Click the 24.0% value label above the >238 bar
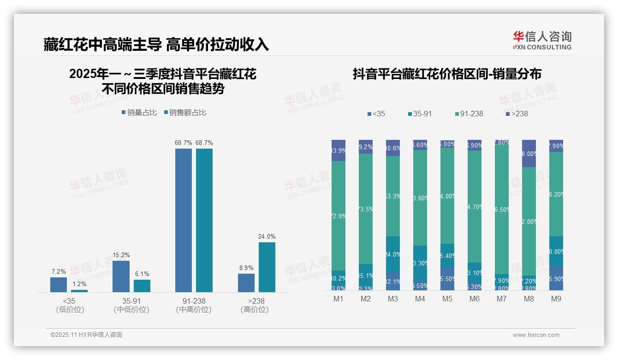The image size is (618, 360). coord(267,237)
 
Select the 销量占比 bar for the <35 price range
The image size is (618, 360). coord(59,284)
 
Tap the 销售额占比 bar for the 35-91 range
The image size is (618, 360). coord(142,286)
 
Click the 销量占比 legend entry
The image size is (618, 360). coord(139,113)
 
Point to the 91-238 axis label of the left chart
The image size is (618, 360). coord(194,301)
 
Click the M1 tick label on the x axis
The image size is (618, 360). coord(339,299)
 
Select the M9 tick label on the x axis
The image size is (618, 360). coord(556,299)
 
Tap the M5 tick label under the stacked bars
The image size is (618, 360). coord(447,299)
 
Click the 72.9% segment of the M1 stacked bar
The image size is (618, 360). coord(339,216)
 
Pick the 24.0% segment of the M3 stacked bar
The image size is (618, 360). coord(393,254)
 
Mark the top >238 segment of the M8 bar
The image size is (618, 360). coord(529,153)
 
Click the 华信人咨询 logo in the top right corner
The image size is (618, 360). coord(542,40)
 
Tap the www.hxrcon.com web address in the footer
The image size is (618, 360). coord(536,335)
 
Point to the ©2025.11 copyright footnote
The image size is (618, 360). coord(86,335)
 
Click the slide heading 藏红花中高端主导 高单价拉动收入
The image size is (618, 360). coord(156,44)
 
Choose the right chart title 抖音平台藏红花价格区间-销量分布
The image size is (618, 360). coord(447,74)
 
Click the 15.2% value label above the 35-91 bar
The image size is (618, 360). coord(121,255)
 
